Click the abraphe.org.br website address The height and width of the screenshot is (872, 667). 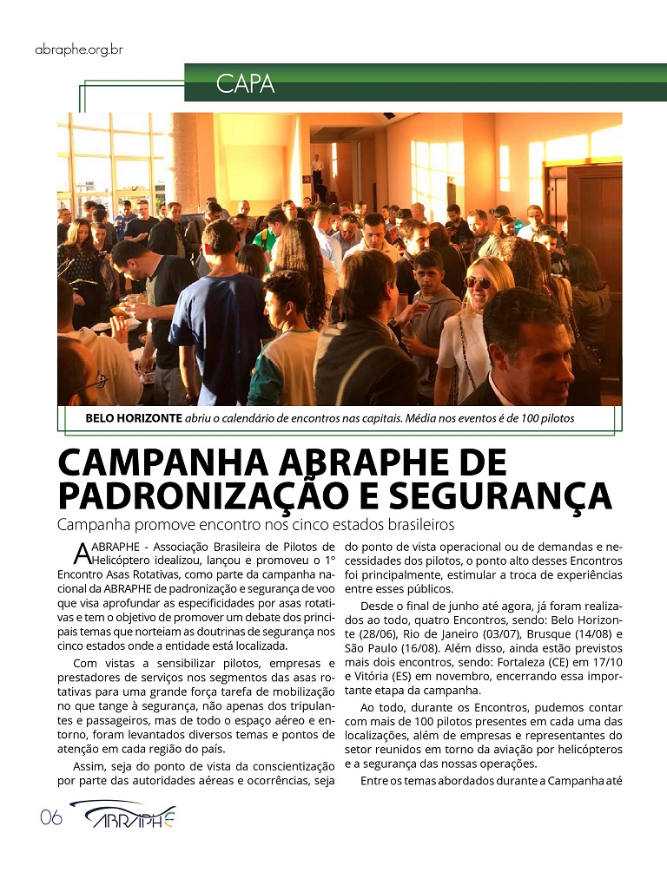[x=79, y=49]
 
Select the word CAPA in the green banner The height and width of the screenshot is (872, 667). [x=245, y=84]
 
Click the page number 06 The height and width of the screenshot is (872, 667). [x=51, y=818]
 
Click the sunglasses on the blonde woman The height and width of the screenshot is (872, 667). [x=478, y=282]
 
